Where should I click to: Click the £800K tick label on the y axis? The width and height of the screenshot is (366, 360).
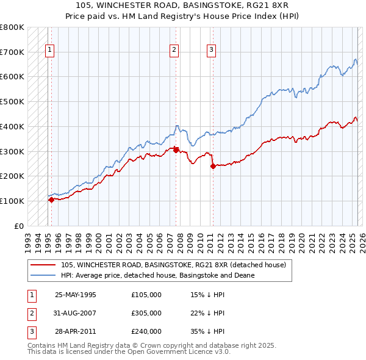[x=12, y=27]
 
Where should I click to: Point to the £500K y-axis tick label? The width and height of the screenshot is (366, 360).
[x=12, y=102]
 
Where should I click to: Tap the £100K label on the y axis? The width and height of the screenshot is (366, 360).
[x=12, y=201]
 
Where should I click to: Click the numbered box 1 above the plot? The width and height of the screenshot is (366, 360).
[x=49, y=50]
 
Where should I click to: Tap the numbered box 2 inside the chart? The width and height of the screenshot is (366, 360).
[x=174, y=50]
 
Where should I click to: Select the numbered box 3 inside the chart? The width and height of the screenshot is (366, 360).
[x=211, y=50]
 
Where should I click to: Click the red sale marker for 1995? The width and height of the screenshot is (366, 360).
[x=51, y=200]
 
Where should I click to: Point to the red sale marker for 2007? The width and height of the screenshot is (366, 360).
[x=176, y=149]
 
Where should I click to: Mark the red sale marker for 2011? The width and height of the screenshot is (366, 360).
[x=213, y=166]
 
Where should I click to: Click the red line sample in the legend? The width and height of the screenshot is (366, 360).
[x=43, y=265]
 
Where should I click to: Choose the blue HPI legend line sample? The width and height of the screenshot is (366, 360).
[x=43, y=275]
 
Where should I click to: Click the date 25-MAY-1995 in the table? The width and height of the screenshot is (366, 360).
[x=76, y=295]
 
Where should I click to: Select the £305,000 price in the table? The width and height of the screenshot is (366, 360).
[x=146, y=313]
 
